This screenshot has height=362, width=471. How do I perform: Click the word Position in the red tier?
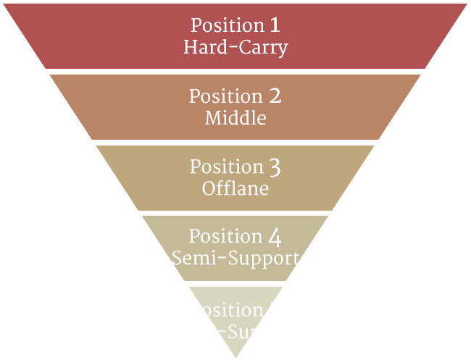tap(227, 25)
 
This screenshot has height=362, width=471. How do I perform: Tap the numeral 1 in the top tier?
tap(275, 25)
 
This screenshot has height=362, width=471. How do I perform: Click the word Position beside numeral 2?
tap(225, 96)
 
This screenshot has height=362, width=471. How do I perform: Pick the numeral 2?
tap(275, 96)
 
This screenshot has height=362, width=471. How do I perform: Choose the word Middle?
tap(236, 117)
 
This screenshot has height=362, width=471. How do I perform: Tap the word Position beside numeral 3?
tap(226, 167)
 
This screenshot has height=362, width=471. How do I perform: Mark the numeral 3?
tap(275, 167)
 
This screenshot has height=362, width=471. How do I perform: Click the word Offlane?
tap(236, 188)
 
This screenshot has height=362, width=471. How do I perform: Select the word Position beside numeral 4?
tap(225, 237)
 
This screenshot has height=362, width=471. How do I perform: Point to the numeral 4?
tap(275, 237)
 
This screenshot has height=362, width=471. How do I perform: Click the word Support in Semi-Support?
tap(261, 258)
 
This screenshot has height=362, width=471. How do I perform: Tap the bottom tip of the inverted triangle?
tap(236, 358)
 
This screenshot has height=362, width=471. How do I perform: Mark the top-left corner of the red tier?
tap(2, 2)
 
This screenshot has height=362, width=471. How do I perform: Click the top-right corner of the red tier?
tap(468, 2)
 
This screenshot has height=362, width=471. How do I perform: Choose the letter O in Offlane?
tap(209, 188)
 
